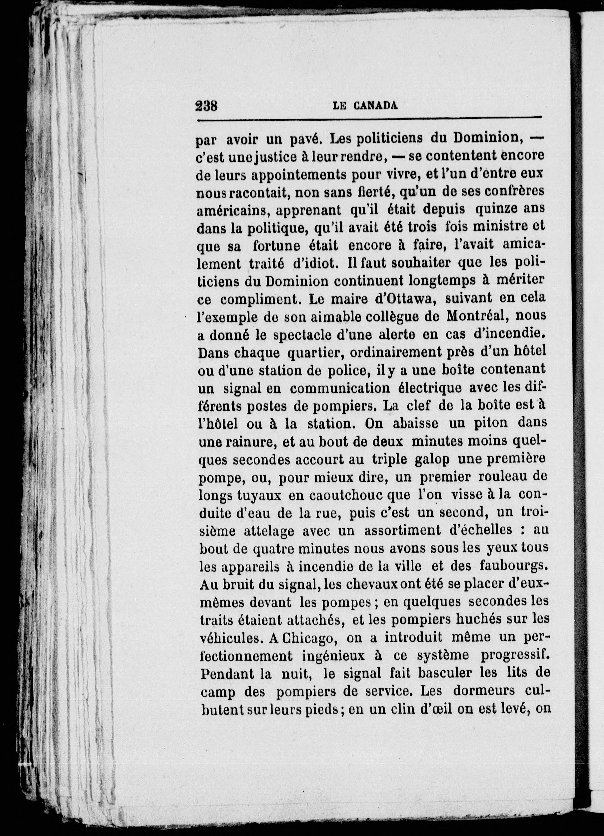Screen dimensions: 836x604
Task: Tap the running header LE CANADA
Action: click(365, 106)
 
